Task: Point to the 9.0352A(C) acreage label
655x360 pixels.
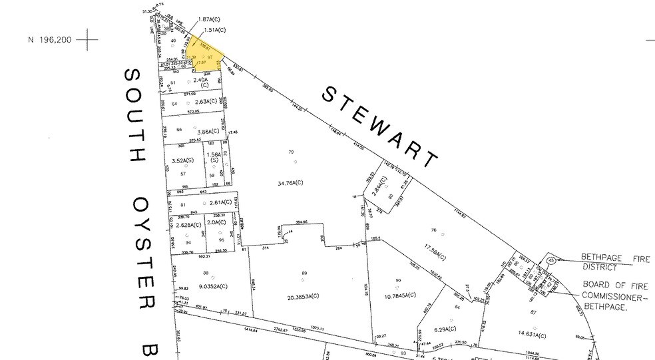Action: [205, 286]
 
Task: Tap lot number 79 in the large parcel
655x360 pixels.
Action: [291, 152]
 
